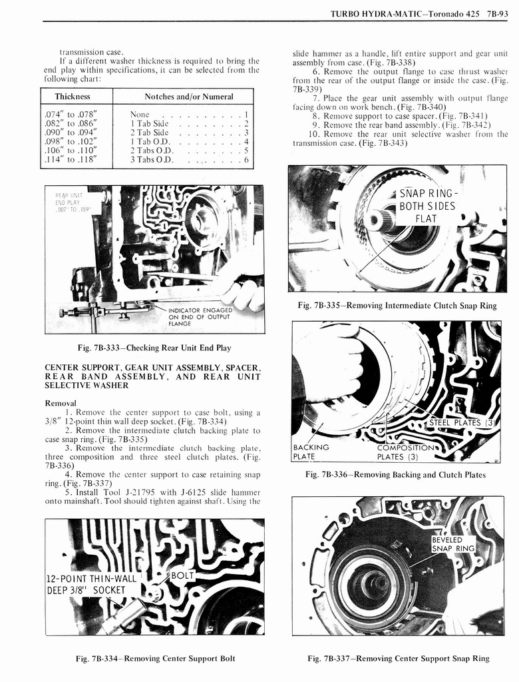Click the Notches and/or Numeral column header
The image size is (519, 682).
[x=189, y=97]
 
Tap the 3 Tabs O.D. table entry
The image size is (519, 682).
[x=152, y=160]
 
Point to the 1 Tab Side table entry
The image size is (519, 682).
[x=150, y=124]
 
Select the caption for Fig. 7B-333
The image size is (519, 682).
[x=154, y=348]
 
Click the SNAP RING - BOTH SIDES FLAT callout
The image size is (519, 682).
[x=426, y=206]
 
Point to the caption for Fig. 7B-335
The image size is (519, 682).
[x=398, y=306]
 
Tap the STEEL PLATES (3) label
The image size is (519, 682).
[x=462, y=423]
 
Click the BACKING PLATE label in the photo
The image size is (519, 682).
[x=311, y=452]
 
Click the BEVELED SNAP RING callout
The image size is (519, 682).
[x=453, y=544]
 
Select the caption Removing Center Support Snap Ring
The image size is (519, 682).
[x=398, y=658]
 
